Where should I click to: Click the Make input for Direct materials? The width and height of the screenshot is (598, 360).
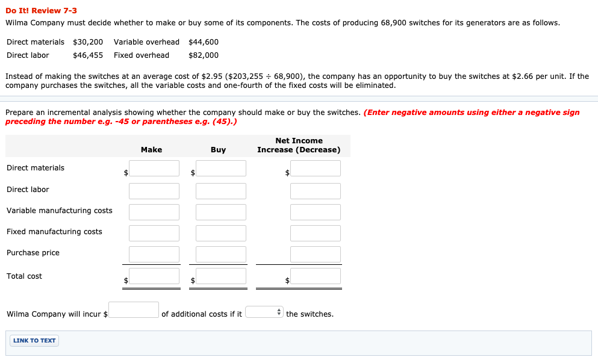click(154, 168)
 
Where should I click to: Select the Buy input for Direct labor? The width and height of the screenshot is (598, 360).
click(220, 191)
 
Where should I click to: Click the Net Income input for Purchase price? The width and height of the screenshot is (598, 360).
click(315, 254)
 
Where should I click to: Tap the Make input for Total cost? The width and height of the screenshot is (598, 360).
click(154, 276)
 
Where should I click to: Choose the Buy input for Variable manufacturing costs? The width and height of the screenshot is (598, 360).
click(220, 212)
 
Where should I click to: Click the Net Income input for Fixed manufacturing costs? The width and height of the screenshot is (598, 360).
click(315, 233)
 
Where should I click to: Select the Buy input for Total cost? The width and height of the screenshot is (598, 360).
click(220, 276)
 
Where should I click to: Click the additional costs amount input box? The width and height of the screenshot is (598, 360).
click(134, 309)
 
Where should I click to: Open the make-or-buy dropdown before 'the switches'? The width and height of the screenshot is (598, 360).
click(264, 312)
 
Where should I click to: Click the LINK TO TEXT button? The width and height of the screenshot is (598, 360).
click(34, 341)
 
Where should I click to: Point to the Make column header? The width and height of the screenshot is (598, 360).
click(151, 150)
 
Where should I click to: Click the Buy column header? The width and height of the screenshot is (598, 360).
click(218, 150)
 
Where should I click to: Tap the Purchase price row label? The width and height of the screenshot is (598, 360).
click(33, 253)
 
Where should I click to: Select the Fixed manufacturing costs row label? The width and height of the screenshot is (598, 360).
click(54, 232)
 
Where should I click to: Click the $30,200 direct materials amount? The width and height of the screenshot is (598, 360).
click(88, 42)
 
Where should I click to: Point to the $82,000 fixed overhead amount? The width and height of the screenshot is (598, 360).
click(204, 55)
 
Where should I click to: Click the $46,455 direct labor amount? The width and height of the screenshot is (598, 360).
click(88, 55)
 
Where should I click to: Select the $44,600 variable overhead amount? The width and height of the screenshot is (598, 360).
click(204, 42)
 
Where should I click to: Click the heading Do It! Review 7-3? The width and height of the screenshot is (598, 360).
click(41, 11)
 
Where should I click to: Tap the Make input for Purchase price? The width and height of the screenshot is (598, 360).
click(154, 254)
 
